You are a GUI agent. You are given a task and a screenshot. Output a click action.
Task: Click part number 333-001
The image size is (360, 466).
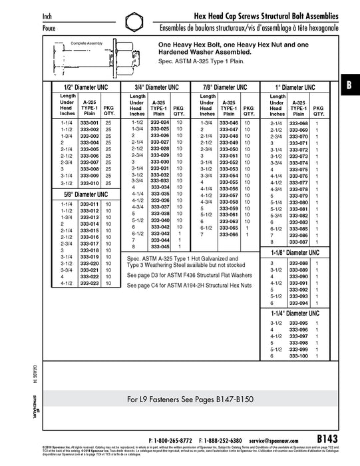[89, 123]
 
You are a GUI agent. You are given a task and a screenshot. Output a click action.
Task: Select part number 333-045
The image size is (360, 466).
[160, 246]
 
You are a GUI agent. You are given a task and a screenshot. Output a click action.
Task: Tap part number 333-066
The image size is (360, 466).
[229, 234]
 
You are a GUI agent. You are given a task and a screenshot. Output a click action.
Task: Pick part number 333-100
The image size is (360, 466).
[299, 356]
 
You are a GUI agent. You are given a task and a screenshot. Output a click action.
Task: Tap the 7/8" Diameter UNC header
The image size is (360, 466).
[226, 87]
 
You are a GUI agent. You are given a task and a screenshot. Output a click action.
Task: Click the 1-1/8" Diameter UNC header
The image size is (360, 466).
[295, 254]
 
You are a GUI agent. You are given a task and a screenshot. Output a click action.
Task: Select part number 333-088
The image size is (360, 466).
[299, 264]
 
